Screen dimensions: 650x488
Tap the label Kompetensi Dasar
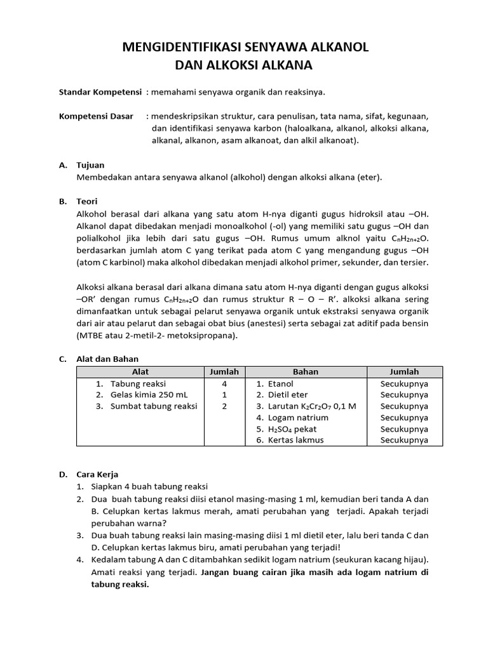coord(96,117)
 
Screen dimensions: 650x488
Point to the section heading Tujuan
coord(90,165)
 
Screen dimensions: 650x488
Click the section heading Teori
coord(87,201)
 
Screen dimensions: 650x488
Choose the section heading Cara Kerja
coord(97,474)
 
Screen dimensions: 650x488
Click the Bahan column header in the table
coord(306,372)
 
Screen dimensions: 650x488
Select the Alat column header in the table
coord(140,372)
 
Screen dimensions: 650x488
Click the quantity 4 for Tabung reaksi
coord(224,384)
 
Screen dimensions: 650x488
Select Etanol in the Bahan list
coord(280,384)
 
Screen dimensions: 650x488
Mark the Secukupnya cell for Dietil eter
coord(404,395)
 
